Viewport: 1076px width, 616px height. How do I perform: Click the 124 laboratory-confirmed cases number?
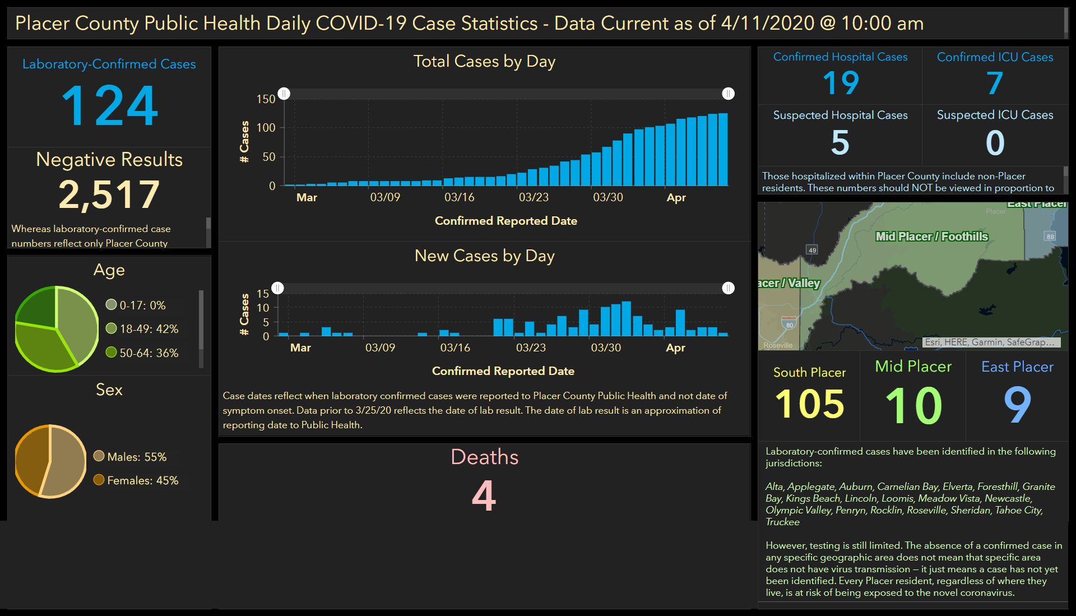(110, 105)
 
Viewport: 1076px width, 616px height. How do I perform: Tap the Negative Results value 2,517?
(109, 195)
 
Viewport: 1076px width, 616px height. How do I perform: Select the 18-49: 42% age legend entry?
(142, 329)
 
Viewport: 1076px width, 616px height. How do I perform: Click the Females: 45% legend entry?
(136, 480)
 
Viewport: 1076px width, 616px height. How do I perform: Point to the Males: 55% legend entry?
(130, 457)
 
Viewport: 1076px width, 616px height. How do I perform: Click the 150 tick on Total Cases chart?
(266, 99)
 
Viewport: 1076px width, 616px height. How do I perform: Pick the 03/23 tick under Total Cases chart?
(534, 197)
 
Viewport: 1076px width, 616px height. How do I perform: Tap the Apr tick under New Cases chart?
(675, 348)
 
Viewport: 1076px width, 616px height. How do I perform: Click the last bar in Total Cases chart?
(723, 150)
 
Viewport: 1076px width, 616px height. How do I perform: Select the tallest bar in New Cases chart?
(627, 319)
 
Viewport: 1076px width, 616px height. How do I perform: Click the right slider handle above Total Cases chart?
(728, 94)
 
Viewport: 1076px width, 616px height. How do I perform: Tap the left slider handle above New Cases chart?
(278, 288)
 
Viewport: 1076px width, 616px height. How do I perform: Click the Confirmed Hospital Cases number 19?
(841, 83)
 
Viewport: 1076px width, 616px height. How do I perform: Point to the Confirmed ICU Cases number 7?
(995, 83)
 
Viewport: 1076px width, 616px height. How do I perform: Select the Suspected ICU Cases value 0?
(995, 142)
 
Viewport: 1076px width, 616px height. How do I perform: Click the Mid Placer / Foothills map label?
(931, 237)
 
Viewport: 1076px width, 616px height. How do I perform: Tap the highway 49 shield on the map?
(812, 250)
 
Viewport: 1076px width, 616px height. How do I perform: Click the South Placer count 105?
(809, 404)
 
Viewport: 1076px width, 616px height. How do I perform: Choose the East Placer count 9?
(1017, 405)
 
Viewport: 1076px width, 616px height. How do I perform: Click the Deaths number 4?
(484, 495)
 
